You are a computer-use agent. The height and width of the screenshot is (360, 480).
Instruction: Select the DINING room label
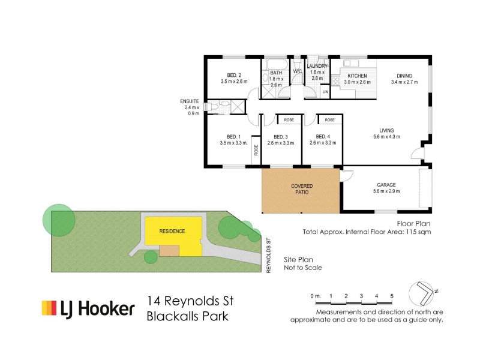tap(401, 76)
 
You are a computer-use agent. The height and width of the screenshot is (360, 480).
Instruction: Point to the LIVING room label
tap(386, 130)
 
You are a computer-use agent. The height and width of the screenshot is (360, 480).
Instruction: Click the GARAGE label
tap(386, 185)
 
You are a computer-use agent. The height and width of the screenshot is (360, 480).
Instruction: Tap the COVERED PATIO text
tap(302, 190)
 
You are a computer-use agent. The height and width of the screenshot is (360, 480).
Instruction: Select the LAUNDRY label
tap(317, 65)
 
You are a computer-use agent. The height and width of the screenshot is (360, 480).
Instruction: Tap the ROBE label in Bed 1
tap(256, 150)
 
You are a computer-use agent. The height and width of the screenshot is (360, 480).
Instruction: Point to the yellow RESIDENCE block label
tap(172, 231)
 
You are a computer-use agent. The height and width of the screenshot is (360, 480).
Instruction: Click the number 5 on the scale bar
tap(391, 296)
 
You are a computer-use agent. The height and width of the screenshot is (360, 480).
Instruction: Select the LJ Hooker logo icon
tap(48, 308)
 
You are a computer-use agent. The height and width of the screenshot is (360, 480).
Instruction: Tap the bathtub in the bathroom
tap(277, 64)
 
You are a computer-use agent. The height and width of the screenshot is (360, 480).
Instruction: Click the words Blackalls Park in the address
tap(187, 316)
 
